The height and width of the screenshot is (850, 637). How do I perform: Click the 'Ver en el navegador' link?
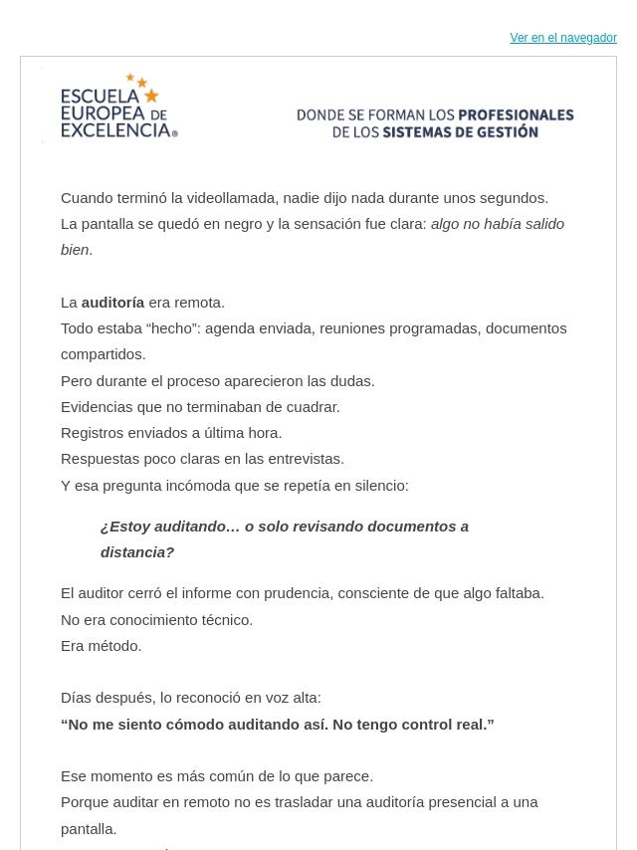563,38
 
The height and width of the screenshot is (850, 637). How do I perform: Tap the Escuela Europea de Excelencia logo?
118,106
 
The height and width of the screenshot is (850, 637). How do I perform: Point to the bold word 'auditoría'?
112,302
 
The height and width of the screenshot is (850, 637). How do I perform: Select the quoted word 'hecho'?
169,327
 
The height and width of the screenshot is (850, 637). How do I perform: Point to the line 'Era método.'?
102,645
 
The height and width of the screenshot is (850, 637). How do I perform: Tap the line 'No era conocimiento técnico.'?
157,619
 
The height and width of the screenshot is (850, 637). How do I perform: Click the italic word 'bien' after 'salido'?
75,249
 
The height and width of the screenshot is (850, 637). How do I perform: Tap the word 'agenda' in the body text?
230,327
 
